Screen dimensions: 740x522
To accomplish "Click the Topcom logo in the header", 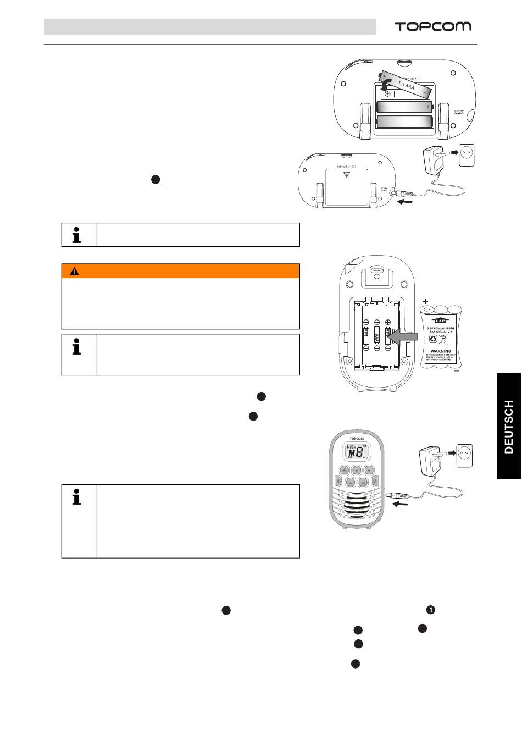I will [x=433, y=26].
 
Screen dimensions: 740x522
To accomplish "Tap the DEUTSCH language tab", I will [x=508, y=427].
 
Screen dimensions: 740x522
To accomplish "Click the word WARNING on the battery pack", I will [x=441, y=351].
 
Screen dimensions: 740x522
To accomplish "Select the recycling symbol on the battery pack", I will [x=432, y=340].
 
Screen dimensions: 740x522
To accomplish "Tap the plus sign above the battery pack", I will [x=425, y=301].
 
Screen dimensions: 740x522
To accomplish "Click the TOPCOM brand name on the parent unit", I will [x=357, y=438].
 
